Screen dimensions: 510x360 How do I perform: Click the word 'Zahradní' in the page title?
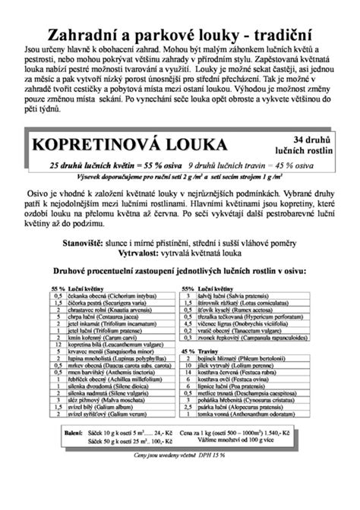pos(79,35)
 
